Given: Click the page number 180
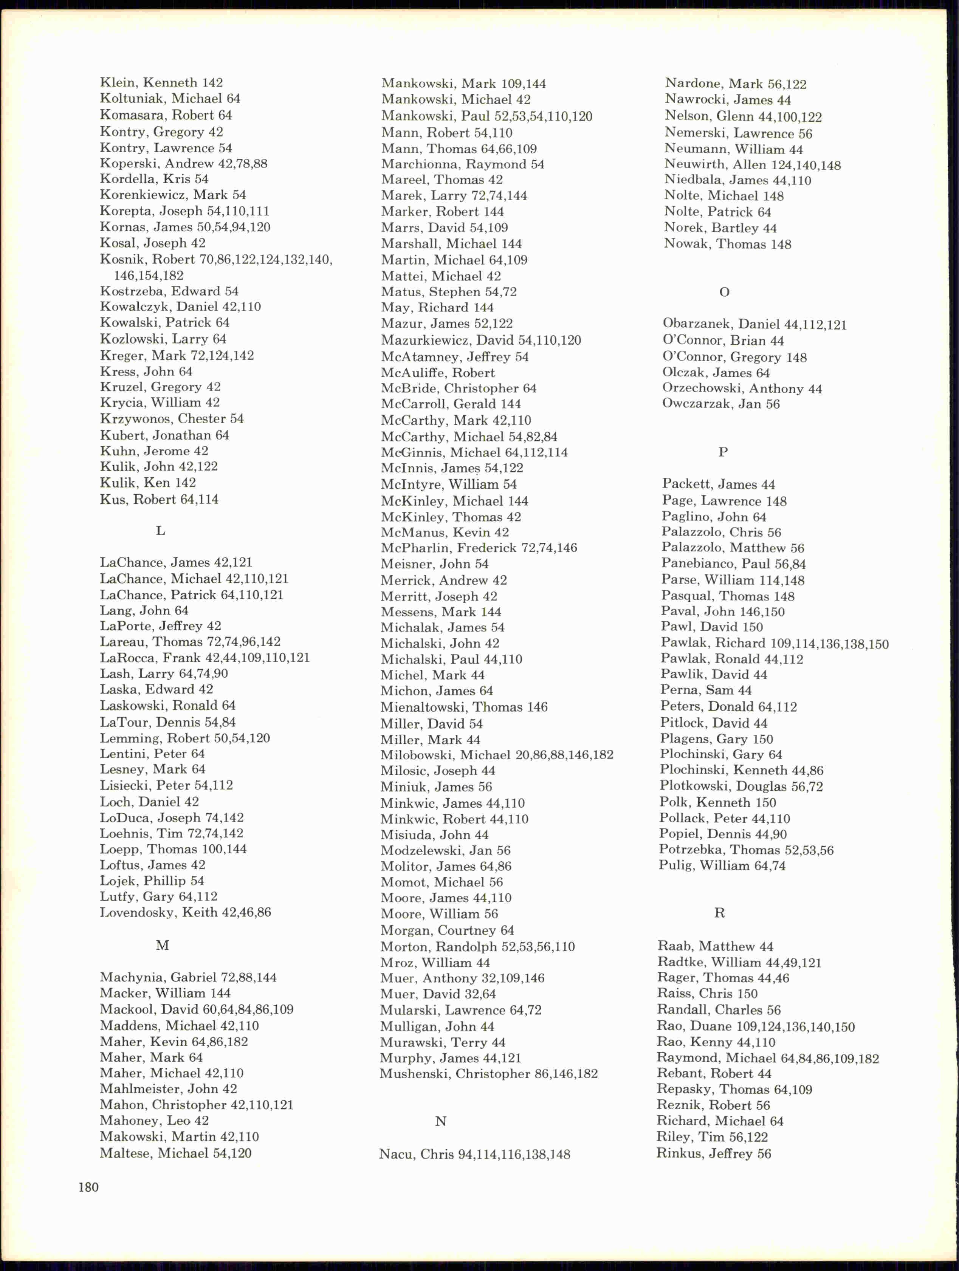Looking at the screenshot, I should [88, 1187].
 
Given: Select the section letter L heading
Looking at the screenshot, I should [160, 531].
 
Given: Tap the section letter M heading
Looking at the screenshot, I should [162, 945].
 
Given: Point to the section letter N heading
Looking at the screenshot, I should [441, 1121].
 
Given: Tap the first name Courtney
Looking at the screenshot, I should [466, 930].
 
